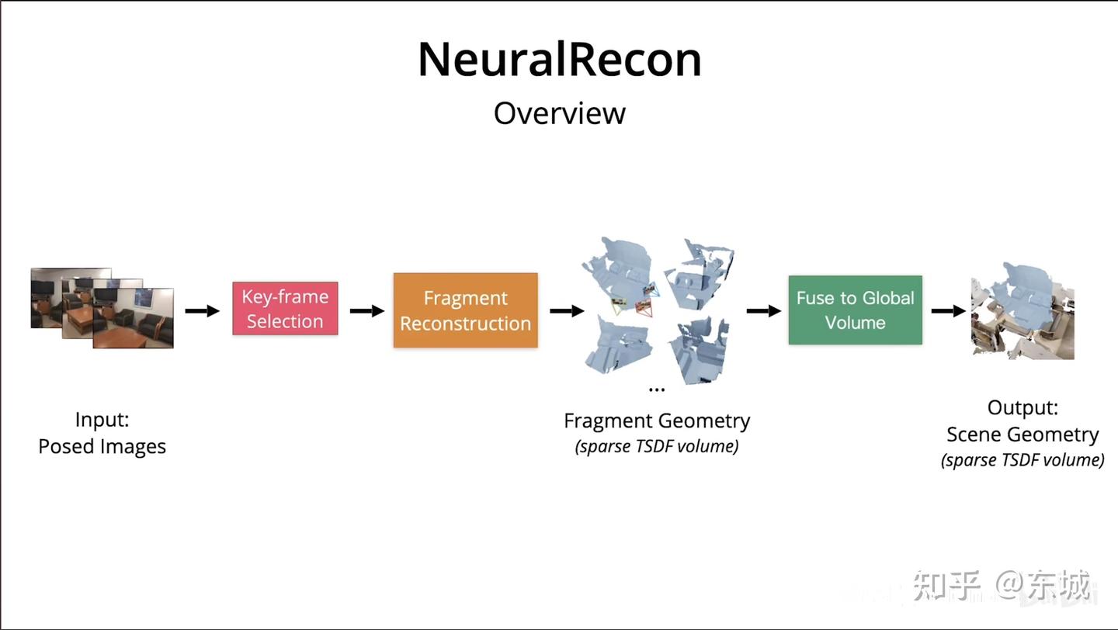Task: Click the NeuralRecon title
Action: [x=559, y=60]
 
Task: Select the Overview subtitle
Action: [x=559, y=113]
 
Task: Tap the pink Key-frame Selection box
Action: [x=285, y=309]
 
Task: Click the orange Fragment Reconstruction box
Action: [x=465, y=310]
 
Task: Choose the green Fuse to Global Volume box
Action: [x=855, y=310]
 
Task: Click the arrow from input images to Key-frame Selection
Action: [x=202, y=310]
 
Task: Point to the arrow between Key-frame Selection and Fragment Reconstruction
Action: [x=366, y=310]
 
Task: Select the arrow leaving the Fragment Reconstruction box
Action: [x=567, y=310]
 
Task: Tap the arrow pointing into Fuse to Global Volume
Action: [x=763, y=310]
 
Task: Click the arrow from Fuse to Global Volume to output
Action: [x=947, y=310]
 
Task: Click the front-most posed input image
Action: [x=133, y=318]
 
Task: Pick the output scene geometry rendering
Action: [x=1022, y=309]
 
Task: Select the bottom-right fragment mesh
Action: [x=699, y=349]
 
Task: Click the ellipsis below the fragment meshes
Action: [x=656, y=389]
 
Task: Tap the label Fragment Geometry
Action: [x=656, y=421]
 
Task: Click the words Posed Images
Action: [x=102, y=447]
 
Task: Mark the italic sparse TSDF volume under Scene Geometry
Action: [x=1023, y=460]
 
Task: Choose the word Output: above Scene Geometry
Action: [x=1023, y=407]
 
